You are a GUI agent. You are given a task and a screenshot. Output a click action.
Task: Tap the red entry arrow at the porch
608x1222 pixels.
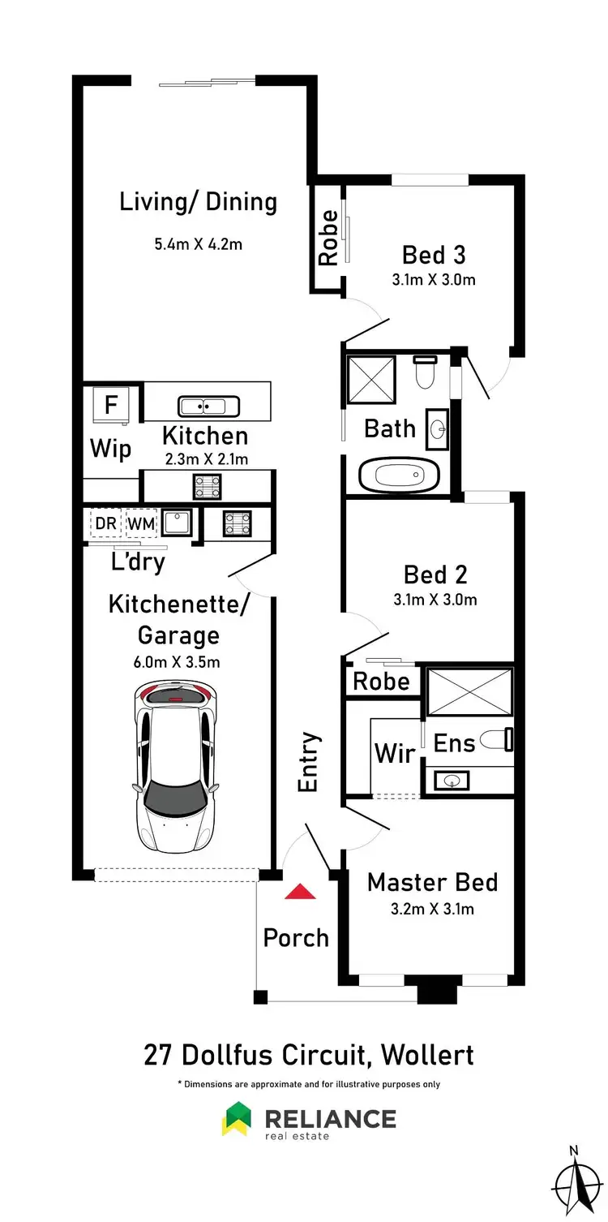300,892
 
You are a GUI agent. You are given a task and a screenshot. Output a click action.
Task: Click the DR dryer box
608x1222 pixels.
105,523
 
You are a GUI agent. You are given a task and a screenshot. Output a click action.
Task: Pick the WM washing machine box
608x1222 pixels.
140,523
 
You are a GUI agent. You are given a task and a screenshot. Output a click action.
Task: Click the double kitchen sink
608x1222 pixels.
208,406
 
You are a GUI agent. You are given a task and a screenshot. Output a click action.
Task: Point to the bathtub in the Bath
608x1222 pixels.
399,475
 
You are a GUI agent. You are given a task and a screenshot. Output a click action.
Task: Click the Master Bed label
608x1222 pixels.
432,882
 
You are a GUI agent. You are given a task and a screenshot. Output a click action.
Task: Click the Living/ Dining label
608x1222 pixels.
198,202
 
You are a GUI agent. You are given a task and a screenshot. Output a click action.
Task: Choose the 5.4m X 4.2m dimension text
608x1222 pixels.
198,243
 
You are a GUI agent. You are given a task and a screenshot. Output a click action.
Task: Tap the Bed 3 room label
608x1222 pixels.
434,255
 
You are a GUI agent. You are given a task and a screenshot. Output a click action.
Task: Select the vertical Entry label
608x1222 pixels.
309,763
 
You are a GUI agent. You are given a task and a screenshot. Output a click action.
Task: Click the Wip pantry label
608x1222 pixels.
109,449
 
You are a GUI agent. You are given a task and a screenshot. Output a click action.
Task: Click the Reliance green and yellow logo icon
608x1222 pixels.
236,1119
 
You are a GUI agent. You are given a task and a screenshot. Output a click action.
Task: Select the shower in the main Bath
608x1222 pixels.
369,378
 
